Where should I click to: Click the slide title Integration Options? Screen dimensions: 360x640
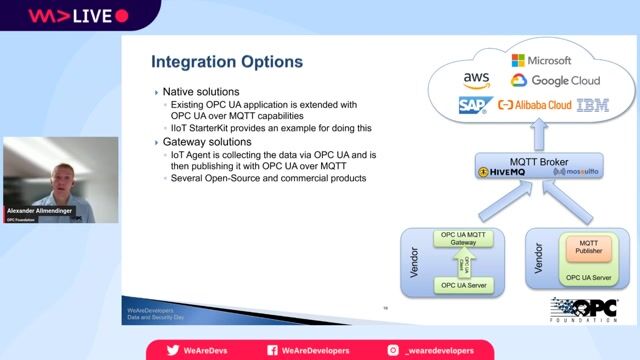pos(226,62)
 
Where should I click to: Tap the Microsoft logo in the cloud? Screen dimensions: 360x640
pos(540,61)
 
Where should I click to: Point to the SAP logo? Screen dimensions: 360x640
pos(473,104)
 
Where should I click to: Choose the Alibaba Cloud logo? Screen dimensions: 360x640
pos(534,104)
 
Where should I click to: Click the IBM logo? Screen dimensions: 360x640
pos(593,104)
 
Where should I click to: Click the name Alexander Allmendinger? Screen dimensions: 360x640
pos(40,210)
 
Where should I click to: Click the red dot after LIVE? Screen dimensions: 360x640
pos(122,15)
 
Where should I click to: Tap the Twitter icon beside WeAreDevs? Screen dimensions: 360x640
pos(173,350)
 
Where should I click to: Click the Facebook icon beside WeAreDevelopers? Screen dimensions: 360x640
pos(272,350)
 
